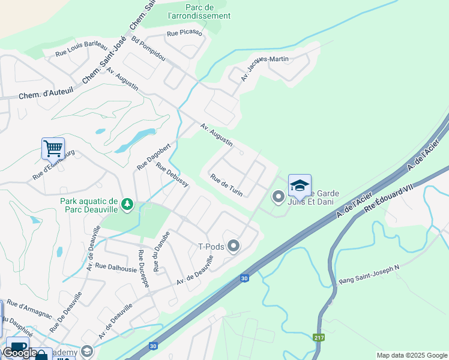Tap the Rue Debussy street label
coord(172,175)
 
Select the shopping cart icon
coord(53,148)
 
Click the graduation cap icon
coord(300,185)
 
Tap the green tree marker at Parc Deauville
coord(127,205)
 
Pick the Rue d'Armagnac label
coord(29,310)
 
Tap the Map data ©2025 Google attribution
coord(411,355)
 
